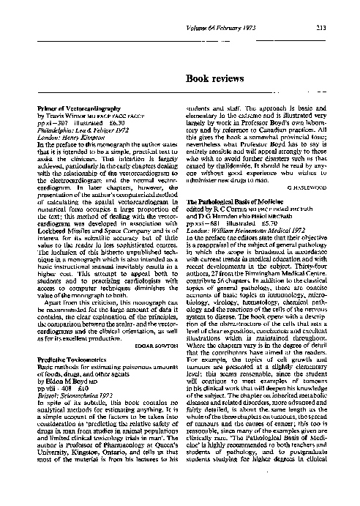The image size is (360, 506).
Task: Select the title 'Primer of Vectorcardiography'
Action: click(76, 106)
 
